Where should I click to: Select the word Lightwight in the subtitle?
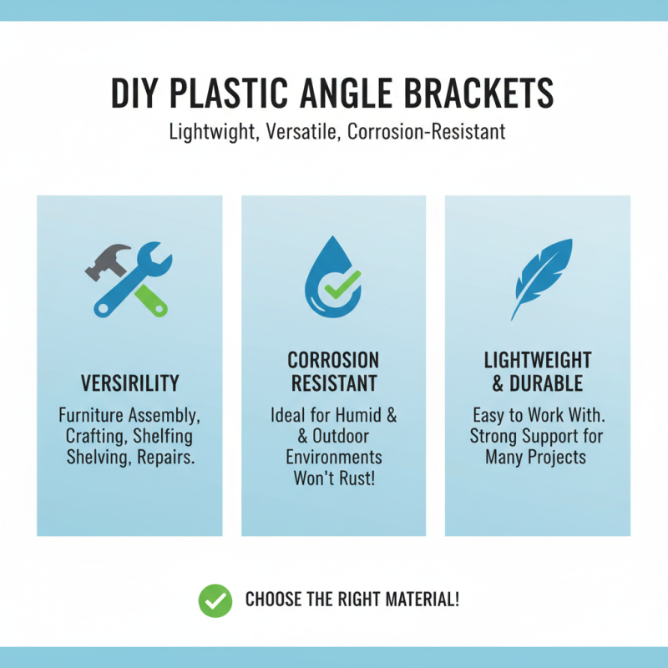click(213, 132)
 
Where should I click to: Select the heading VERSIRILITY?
click(129, 383)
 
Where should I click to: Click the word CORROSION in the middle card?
click(333, 361)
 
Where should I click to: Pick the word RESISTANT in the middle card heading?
click(333, 383)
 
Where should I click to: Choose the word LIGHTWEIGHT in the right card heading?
click(538, 361)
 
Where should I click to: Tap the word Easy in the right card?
click(488, 414)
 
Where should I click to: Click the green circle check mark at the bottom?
click(215, 600)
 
